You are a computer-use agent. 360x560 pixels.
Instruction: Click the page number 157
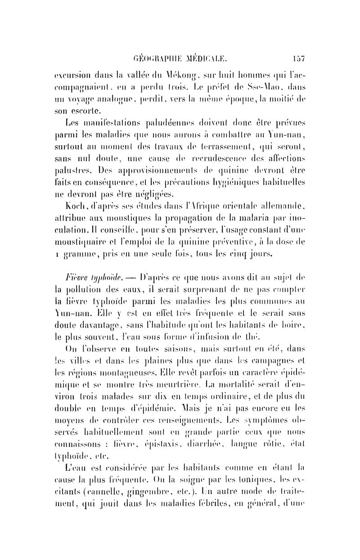(x=298, y=57)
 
